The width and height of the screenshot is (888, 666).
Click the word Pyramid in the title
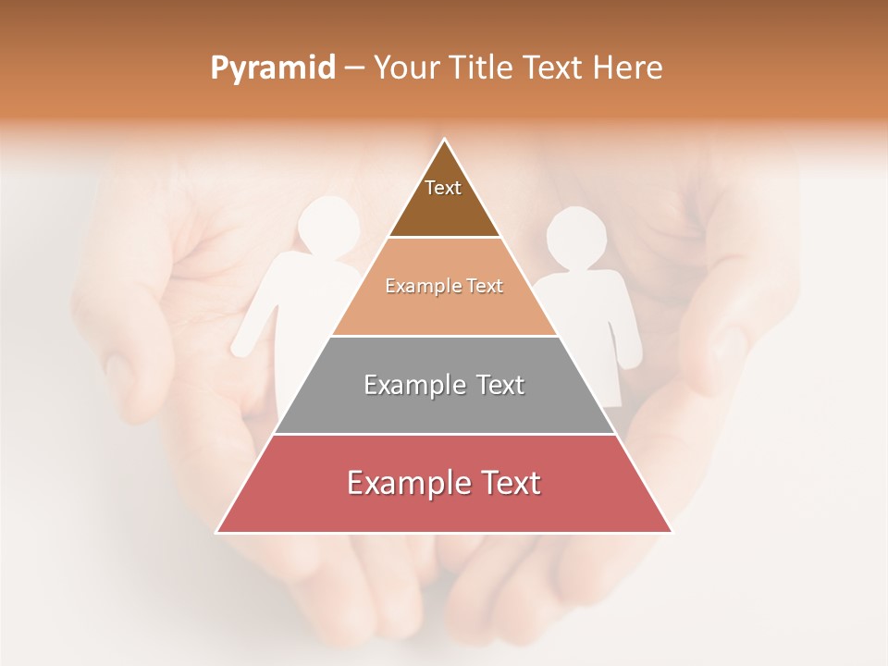click(272, 68)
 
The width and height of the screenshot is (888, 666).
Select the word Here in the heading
click(628, 68)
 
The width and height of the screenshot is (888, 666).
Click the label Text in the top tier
click(443, 188)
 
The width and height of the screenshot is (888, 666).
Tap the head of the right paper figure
click(576, 239)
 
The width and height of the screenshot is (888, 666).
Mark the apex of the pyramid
click(445, 141)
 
